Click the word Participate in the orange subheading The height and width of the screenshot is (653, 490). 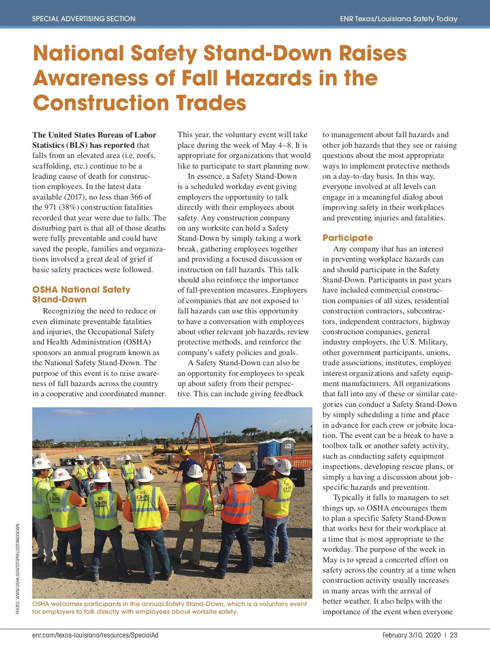click(347, 238)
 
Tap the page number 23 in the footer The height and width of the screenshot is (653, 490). click(454, 635)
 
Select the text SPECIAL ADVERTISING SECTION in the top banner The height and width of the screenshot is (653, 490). click(84, 19)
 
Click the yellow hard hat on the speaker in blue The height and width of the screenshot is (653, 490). click(186, 453)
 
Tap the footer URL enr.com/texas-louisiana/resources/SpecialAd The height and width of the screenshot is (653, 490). click(95, 635)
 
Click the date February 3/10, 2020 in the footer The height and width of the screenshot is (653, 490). click(412, 635)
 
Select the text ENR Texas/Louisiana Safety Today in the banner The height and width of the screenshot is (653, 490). click(399, 19)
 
